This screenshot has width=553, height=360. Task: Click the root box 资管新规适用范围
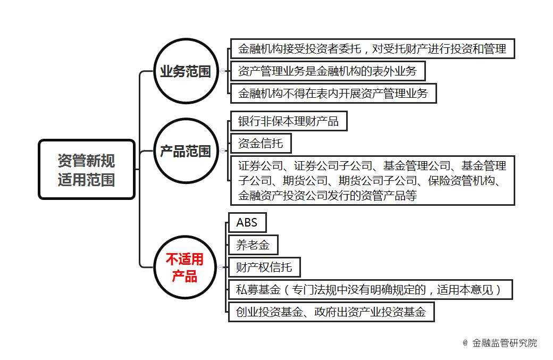click(87, 170)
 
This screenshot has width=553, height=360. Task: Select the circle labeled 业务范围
click(186, 71)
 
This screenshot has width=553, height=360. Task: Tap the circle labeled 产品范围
click(186, 151)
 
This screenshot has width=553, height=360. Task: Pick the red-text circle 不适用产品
click(185, 267)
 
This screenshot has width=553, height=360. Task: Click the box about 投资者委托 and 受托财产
click(372, 49)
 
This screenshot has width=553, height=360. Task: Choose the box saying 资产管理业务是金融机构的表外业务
click(328, 71)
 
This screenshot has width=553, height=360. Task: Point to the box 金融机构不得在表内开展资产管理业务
click(333, 93)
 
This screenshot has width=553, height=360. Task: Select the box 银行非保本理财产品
click(289, 121)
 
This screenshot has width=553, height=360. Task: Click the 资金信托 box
click(261, 143)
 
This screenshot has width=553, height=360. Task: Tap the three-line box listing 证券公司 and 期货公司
click(372, 180)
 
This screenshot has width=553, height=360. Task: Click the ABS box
click(247, 222)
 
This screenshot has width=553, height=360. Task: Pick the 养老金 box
click(253, 245)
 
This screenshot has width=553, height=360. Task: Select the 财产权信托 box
click(264, 267)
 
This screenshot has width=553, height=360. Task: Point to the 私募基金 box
click(370, 289)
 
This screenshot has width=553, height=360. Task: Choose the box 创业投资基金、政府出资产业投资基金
click(331, 312)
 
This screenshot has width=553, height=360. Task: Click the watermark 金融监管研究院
click(504, 343)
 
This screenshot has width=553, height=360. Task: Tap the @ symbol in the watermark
click(465, 343)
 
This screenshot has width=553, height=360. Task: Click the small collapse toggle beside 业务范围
click(223, 71)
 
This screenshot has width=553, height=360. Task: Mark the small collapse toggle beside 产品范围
click(223, 151)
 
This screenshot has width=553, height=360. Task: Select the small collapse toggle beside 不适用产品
click(221, 267)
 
